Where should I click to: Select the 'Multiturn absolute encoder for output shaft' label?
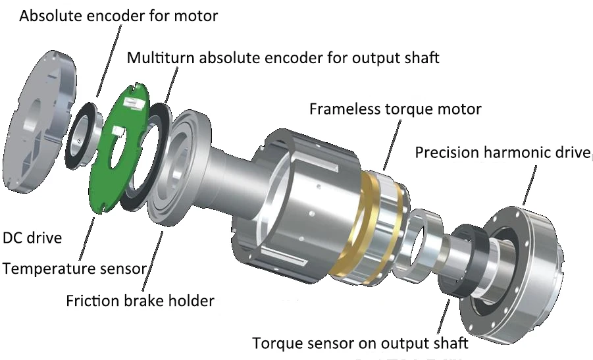click(283, 58)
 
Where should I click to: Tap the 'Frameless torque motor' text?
click(395, 109)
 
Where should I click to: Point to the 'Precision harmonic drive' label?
click(502, 153)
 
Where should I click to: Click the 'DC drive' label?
click(32, 237)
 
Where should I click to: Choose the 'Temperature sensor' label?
click(74, 269)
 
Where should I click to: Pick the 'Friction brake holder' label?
click(140, 301)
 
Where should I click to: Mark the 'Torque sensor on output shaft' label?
click(360, 344)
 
